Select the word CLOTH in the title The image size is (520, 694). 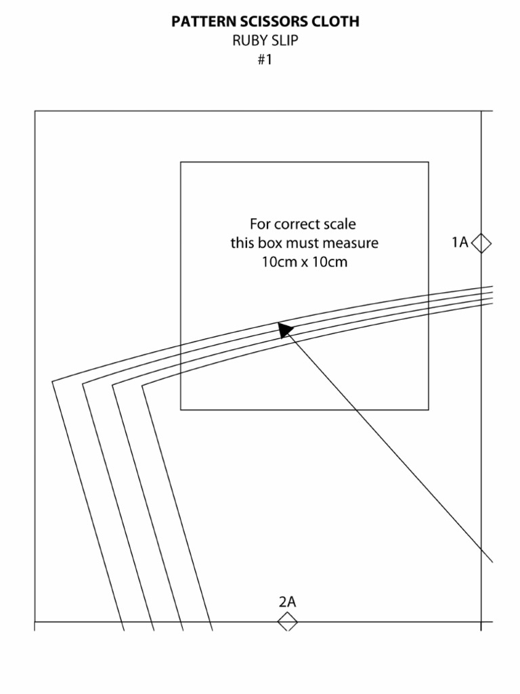336,22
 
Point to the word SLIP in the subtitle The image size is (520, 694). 285,41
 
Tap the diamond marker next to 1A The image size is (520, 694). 481,243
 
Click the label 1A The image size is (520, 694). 460,242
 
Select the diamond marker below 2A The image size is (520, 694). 288,621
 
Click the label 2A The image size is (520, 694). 288,602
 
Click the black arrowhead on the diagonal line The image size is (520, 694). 286,329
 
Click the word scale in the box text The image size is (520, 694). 341,224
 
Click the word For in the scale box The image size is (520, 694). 261,224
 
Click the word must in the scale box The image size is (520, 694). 305,243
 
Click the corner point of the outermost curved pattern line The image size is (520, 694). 53,382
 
